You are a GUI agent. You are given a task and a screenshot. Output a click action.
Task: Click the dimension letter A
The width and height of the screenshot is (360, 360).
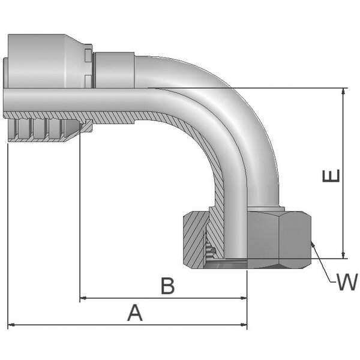coord(136,313)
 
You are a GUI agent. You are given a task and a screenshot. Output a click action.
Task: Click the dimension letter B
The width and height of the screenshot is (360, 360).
coord(169,286)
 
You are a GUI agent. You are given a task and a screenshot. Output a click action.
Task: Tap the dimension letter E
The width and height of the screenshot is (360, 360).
coord(331,176)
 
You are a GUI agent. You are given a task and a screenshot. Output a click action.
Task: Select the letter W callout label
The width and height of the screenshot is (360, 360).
coord(346,282)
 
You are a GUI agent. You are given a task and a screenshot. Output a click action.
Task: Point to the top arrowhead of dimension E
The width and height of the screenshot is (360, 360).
coord(343,92)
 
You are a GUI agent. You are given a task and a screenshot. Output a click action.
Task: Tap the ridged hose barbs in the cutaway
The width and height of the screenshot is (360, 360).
coord(42,130)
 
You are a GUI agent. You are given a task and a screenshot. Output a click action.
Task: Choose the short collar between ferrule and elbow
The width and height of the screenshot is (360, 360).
coord(114,69)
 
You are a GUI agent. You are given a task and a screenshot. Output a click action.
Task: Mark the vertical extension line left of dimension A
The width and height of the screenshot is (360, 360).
coord(8,240)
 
